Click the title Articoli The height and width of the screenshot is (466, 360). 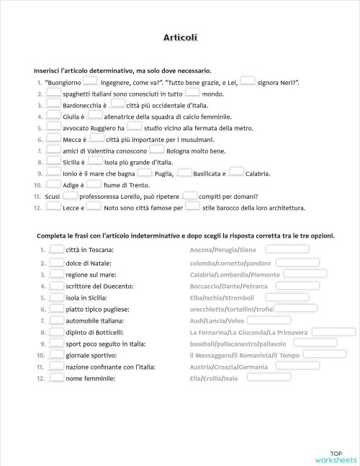click(x=180, y=37)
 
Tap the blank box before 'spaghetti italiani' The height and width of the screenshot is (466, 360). click(x=53, y=93)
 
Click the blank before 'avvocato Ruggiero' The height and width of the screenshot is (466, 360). click(x=53, y=127)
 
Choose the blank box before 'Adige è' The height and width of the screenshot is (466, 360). click(x=53, y=184)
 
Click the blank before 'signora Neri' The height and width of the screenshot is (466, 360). click(x=248, y=81)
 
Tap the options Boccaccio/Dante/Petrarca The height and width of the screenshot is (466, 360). click(x=228, y=286)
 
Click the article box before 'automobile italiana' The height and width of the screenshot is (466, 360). click(x=55, y=320)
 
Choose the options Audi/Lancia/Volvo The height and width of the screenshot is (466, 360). click(x=217, y=321)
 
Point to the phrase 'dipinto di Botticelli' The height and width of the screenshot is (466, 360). click(x=94, y=332)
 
